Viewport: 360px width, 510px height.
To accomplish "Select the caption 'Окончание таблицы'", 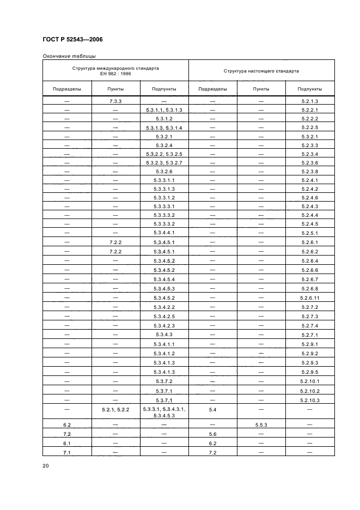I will coord(69,56).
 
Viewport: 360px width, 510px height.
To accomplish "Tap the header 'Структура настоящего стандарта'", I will coord(261,71).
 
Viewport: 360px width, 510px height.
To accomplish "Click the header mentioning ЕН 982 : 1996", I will coord(115,71).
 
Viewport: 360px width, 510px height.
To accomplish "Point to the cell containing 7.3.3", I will coord(115,101).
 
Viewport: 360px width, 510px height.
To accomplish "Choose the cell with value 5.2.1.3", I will coord(309,101).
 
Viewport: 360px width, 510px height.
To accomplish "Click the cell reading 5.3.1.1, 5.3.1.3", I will coord(164,110).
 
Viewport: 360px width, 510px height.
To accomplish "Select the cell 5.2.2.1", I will coord(309,110).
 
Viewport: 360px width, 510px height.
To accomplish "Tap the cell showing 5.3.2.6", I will coord(164,171).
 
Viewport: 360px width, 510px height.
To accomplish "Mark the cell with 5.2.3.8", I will coord(309,171).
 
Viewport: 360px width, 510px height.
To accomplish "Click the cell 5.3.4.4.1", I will coord(164,232).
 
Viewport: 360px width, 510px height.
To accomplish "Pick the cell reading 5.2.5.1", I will coord(309,232).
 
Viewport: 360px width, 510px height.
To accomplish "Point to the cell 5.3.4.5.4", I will coord(164,279).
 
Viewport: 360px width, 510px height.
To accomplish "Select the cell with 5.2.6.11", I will coord(309,297).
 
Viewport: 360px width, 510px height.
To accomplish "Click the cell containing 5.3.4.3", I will coord(164,334).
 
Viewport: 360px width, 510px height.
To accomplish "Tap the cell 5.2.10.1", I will coord(309,381).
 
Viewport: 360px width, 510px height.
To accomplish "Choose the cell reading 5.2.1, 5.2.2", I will coord(115,409).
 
